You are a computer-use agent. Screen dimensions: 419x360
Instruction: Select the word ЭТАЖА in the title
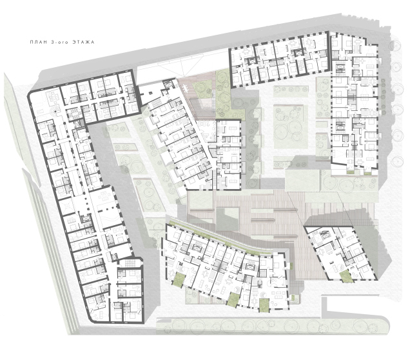83,43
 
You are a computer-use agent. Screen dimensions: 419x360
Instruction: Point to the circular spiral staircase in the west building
55,111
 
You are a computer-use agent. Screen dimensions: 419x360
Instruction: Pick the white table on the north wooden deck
185,87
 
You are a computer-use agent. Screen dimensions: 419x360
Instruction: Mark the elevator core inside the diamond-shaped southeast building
325,235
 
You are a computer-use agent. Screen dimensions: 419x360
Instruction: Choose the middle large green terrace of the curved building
233,299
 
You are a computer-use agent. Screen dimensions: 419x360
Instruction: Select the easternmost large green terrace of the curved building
264,305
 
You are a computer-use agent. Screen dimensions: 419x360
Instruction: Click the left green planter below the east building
350,173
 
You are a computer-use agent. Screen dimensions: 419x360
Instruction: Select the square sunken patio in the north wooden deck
202,104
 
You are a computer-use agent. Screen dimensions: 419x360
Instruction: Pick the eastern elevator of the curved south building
250,266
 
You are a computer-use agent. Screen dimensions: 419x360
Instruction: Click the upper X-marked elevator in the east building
340,67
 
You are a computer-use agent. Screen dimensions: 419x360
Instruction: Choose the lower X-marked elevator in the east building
340,126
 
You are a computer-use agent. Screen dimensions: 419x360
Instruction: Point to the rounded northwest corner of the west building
30,94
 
